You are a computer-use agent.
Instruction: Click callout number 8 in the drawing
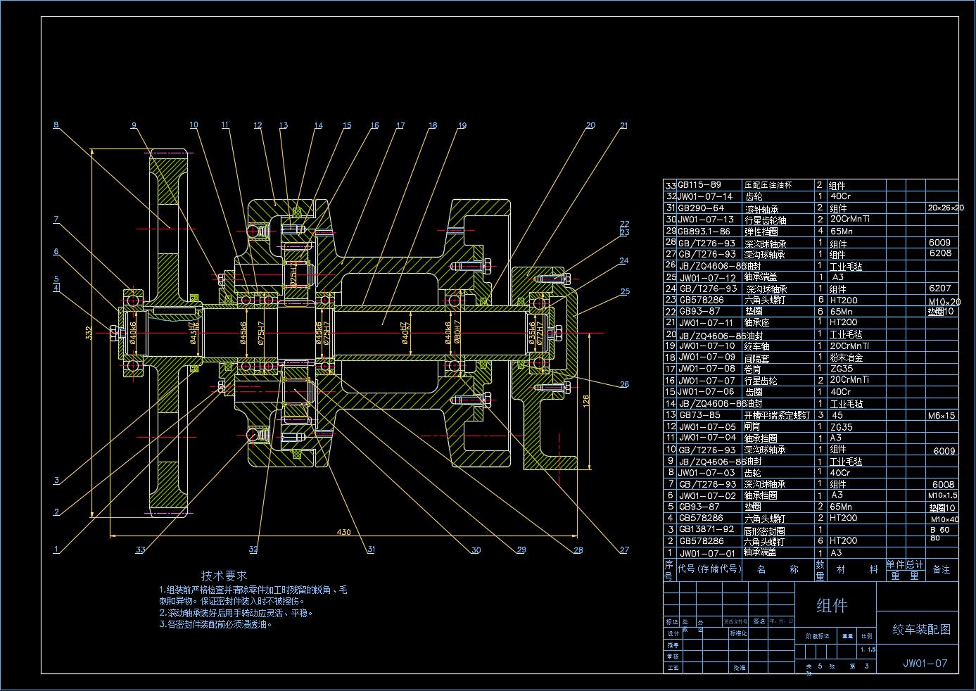[x=56, y=125]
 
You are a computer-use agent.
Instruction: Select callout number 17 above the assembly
[x=400, y=126]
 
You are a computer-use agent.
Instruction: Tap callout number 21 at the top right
[x=623, y=126]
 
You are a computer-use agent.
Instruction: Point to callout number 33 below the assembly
[x=141, y=550]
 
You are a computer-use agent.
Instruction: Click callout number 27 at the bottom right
[x=624, y=550]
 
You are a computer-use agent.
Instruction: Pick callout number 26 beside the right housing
[x=624, y=384]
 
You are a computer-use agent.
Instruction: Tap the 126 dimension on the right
[x=585, y=402]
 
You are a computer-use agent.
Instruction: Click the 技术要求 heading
[x=224, y=576]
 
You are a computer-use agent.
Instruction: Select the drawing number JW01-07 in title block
[x=925, y=663]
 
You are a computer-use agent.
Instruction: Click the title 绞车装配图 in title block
[x=921, y=629]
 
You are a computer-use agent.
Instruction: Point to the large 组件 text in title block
[x=832, y=606]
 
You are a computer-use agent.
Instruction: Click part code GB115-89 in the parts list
[x=699, y=185]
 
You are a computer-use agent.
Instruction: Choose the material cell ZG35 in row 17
[x=842, y=368]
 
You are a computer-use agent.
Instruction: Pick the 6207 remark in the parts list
[x=939, y=288]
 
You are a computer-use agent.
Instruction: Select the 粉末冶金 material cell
[x=846, y=357]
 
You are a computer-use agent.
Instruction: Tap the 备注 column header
[x=941, y=569]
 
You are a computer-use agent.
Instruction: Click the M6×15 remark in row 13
[x=941, y=415]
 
